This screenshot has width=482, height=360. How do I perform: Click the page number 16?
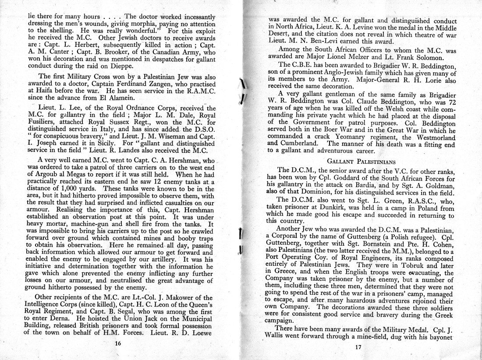117,344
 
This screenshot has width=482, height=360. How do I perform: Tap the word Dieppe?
119,66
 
